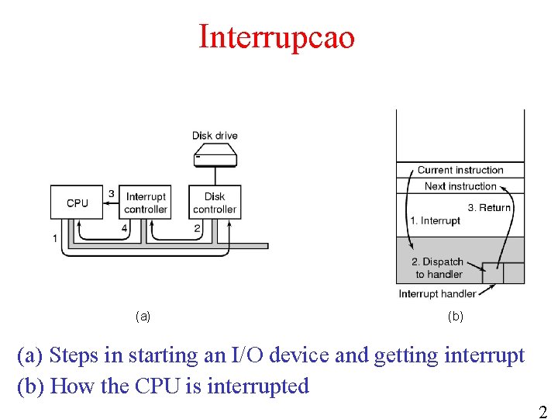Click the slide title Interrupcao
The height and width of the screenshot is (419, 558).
[x=277, y=36]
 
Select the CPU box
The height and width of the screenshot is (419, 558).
[x=77, y=202]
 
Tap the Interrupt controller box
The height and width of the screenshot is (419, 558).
[x=146, y=203]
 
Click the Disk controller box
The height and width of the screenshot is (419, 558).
[x=215, y=203]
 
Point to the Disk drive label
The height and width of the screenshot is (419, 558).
[x=215, y=136]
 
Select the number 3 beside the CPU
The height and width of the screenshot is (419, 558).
[x=112, y=193]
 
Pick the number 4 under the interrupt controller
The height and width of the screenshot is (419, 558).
[x=125, y=228]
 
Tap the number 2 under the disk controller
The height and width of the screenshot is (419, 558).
[x=198, y=228]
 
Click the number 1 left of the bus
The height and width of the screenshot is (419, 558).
[x=55, y=238]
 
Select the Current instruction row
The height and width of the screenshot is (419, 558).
[x=460, y=170]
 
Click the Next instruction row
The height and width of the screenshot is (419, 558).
[x=460, y=186]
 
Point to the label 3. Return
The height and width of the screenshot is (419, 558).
[x=489, y=207]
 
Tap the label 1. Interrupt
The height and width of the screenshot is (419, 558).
[x=435, y=221]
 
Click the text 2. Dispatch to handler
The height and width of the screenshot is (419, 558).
[x=438, y=268]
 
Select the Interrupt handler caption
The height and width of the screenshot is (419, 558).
[x=437, y=294]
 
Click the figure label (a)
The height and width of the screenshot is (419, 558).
[x=143, y=316]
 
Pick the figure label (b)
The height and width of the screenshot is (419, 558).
[x=456, y=316]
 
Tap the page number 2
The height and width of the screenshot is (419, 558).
[x=542, y=413]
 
